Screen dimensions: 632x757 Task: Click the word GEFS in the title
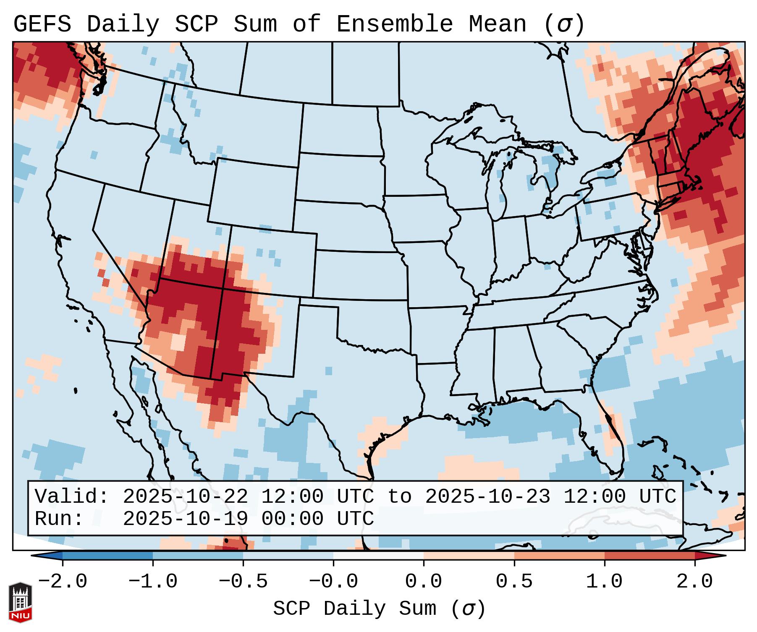[42, 24]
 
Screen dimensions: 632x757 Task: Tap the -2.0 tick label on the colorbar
[63, 582]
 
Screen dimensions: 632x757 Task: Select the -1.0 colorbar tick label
[153, 582]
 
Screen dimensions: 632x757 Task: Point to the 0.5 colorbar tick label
[514, 582]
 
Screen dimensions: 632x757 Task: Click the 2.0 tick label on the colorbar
[694, 582]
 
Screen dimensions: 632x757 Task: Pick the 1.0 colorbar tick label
[604, 582]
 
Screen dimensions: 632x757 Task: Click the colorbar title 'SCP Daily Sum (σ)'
[379, 609]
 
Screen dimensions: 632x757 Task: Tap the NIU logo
[20, 602]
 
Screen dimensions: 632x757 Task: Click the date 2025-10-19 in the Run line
[185, 519]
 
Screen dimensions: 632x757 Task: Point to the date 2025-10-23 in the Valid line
[487, 496]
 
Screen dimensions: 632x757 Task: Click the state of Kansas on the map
[359, 275]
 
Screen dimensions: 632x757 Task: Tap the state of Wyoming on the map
[254, 193]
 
